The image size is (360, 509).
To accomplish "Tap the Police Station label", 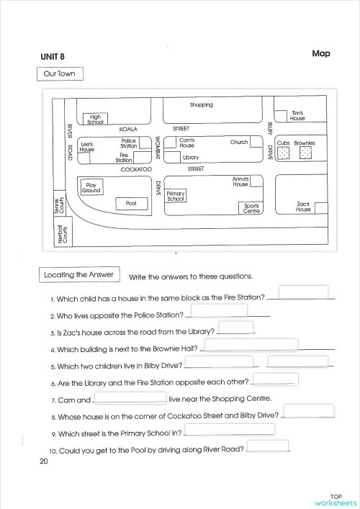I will click(x=128, y=143).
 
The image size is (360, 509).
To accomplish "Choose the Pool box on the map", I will click(x=131, y=204).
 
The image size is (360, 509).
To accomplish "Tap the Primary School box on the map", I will click(x=176, y=195).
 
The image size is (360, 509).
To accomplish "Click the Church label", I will click(x=239, y=143).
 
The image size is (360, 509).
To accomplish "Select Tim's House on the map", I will click(x=297, y=115).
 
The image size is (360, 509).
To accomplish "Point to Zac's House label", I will click(x=302, y=207).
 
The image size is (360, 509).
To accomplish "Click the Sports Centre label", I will click(x=251, y=208).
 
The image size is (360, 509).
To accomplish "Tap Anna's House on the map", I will click(x=240, y=181).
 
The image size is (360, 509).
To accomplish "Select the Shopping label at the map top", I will click(x=201, y=105).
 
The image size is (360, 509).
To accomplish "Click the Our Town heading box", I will click(x=60, y=73).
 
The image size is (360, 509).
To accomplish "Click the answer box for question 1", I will click(x=303, y=292).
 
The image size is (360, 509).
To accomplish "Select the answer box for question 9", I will click(x=230, y=429).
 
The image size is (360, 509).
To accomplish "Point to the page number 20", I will click(x=45, y=461).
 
